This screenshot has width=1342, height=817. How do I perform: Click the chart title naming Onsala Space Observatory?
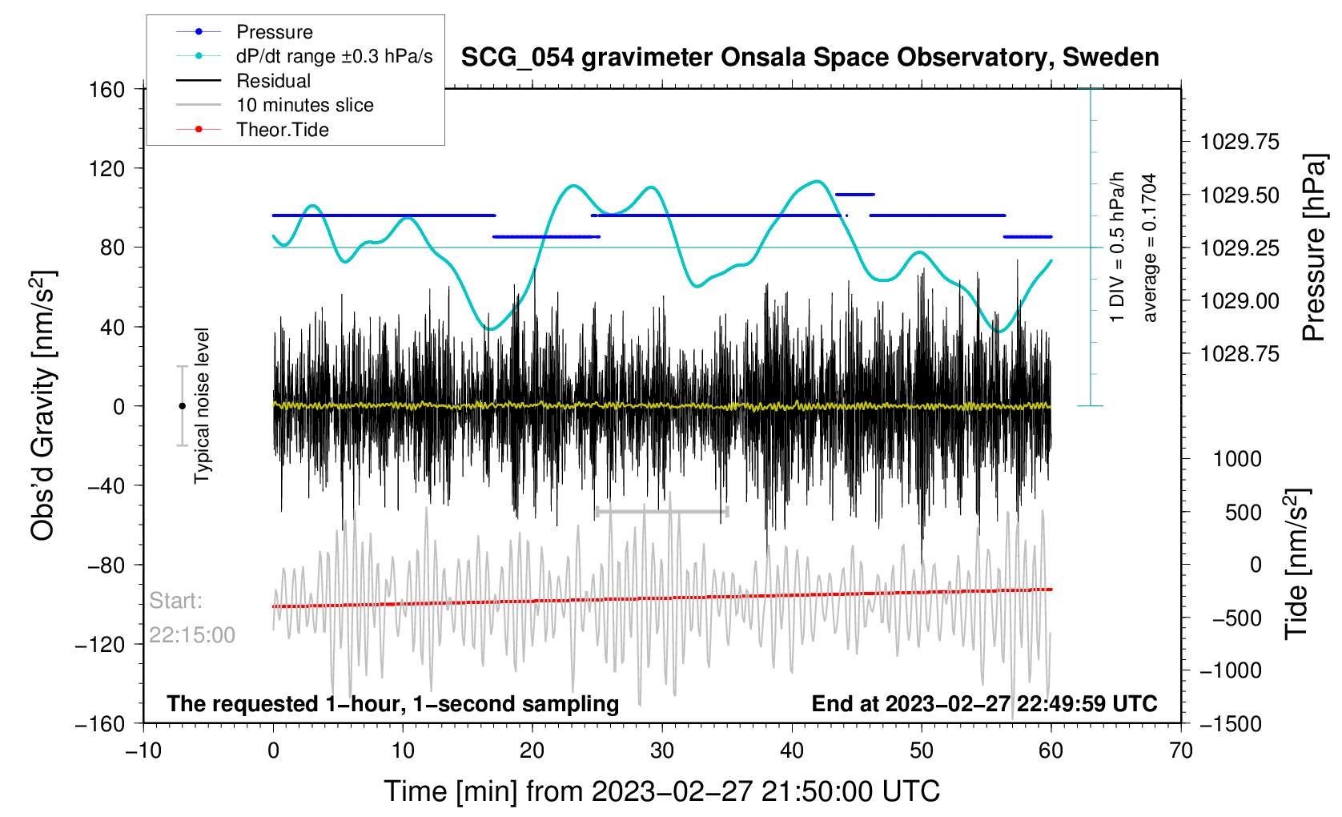tap(810, 58)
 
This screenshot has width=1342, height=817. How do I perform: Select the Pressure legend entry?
tap(274, 32)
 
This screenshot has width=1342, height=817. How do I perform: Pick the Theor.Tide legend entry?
tap(282, 130)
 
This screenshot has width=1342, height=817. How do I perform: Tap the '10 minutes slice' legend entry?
tap(304, 105)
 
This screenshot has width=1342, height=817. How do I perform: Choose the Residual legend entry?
tap(273, 81)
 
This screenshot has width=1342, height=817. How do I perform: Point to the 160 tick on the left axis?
tap(107, 89)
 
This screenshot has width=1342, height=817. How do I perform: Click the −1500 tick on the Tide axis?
tap(1232, 724)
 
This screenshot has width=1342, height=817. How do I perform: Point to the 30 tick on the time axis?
tap(662, 751)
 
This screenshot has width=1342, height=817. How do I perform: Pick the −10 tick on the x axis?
tap(143, 751)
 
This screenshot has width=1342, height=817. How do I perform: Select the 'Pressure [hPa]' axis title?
tap(1314, 248)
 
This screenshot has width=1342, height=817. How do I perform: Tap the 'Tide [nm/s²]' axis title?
tap(1297, 564)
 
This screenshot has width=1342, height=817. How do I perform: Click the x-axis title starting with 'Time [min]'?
tap(661, 791)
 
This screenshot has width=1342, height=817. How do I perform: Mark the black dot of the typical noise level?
tap(182, 406)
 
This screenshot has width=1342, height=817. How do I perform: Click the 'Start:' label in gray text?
tap(175, 601)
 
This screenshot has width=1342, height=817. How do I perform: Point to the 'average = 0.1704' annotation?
tap(1150, 248)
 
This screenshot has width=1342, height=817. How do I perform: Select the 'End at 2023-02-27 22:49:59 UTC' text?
tap(984, 704)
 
